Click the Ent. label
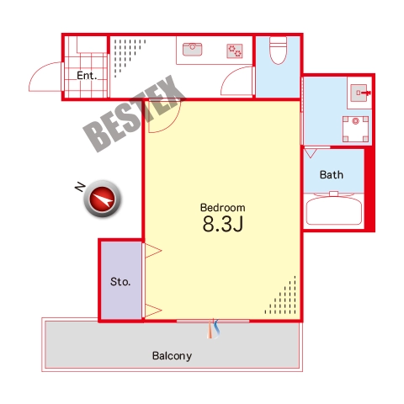click(x=87, y=76)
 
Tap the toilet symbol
click(x=278, y=50)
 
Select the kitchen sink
click(x=192, y=49)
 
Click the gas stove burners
click(x=235, y=50)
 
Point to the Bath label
click(x=332, y=175)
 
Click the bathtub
click(x=333, y=209)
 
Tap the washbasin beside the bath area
click(x=360, y=93)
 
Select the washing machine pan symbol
click(x=355, y=129)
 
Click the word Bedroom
click(x=223, y=208)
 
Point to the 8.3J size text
click(x=223, y=224)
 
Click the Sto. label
click(x=120, y=282)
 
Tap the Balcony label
click(x=172, y=356)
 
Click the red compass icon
click(x=103, y=199)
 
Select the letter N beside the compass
click(x=80, y=187)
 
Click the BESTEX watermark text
click(x=134, y=114)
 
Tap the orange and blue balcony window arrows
click(x=213, y=329)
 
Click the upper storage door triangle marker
click(x=153, y=250)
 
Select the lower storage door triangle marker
click(x=153, y=311)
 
